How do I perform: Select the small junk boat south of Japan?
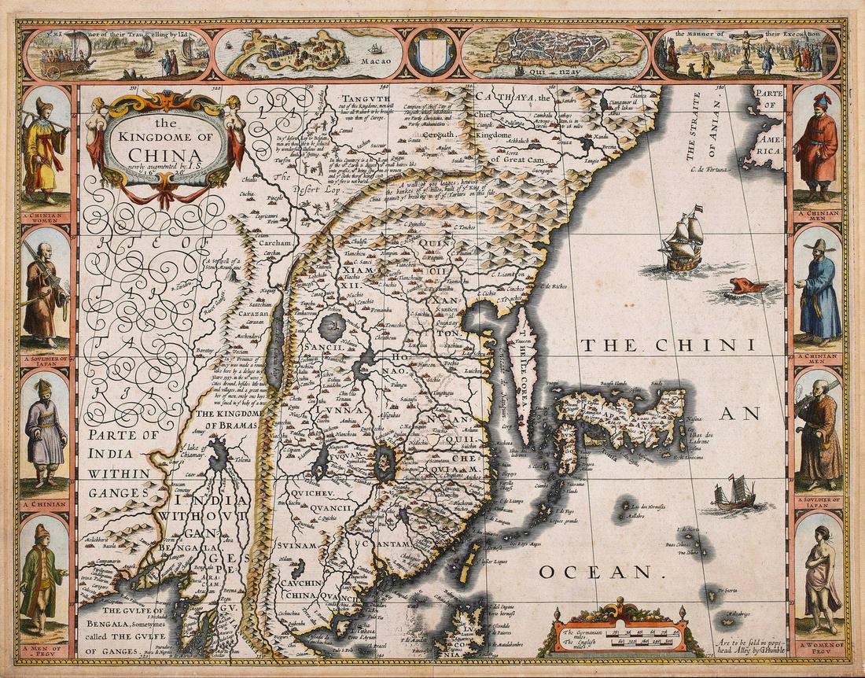[x=734, y=493]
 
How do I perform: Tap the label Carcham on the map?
[x=276, y=243]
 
